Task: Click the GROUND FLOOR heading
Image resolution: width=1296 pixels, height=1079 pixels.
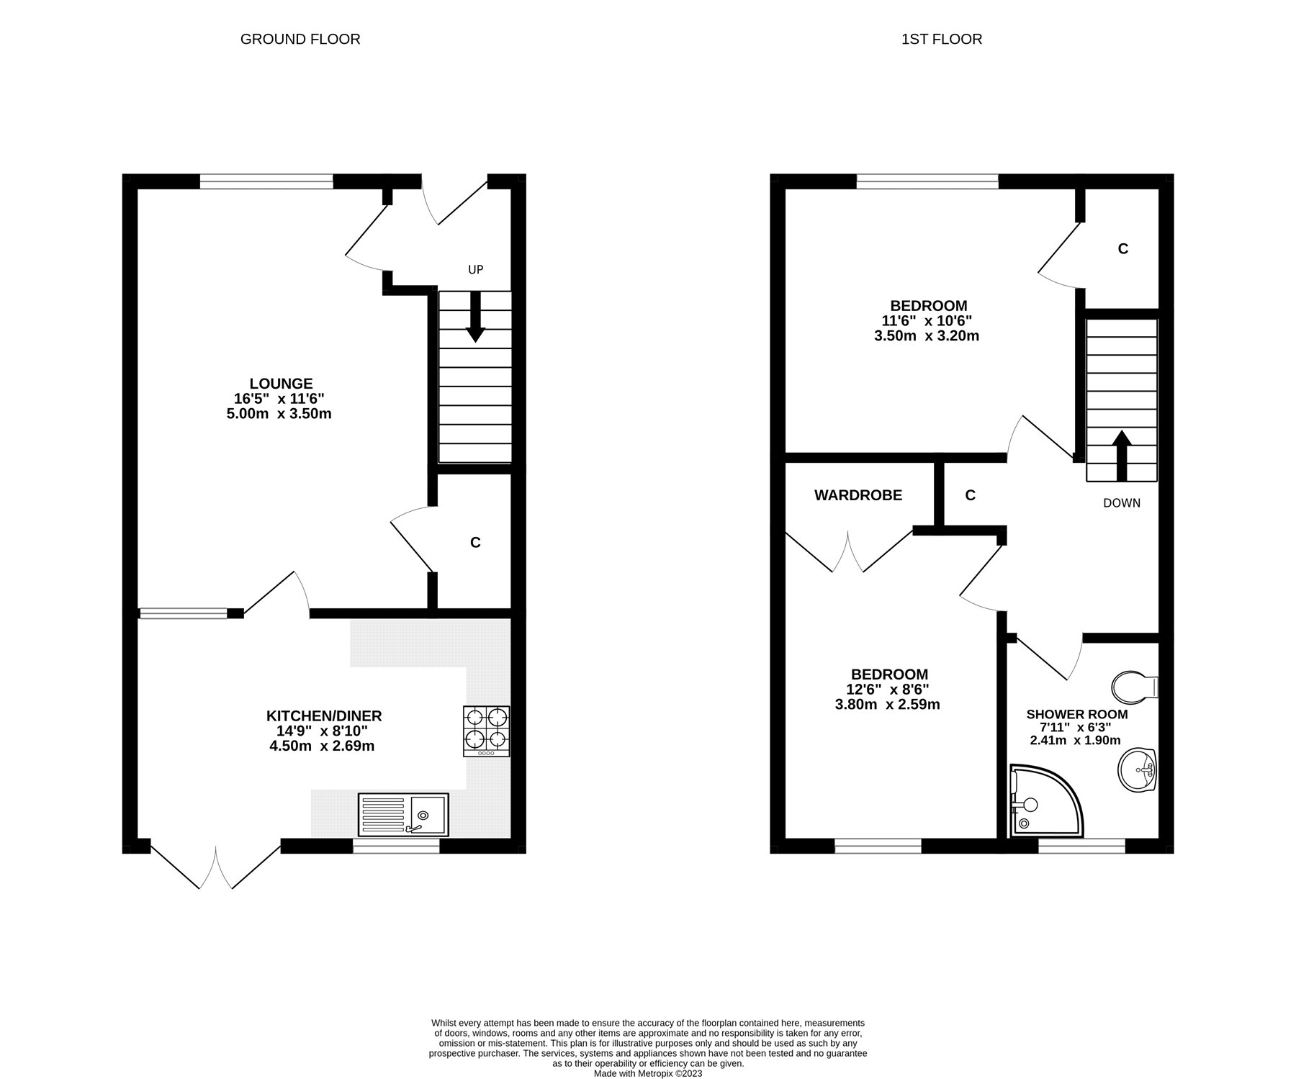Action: click(x=300, y=39)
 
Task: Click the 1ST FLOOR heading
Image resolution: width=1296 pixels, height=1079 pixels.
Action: click(x=942, y=39)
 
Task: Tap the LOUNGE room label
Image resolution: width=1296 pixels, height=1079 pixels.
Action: click(x=281, y=384)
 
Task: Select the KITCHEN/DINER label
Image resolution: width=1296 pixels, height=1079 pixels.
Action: click(x=324, y=715)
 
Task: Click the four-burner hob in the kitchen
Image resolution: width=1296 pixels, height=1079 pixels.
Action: click(x=487, y=731)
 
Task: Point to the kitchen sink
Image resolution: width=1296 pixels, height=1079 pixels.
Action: click(x=403, y=814)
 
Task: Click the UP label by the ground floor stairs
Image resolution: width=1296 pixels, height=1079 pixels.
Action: click(x=475, y=269)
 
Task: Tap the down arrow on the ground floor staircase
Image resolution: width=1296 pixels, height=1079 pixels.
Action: click(x=475, y=316)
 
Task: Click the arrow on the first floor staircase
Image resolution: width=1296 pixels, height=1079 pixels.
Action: click(x=1122, y=455)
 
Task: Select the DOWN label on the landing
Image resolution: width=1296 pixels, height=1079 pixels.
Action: click(x=1122, y=502)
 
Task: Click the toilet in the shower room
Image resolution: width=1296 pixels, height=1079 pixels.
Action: click(x=1135, y=687)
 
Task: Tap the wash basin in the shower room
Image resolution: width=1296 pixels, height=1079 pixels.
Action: click(x=1137, y=771)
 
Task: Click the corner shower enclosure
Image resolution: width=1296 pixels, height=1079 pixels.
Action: click(x=1044, y=801)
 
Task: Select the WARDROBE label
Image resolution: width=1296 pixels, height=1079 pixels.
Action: click(x=858, y=495)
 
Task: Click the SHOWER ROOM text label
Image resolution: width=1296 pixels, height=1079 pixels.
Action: click(x=1077, y=714)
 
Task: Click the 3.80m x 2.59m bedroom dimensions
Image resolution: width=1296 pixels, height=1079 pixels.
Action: click(x=888, y=705)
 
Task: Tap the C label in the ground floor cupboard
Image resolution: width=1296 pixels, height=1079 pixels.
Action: click(x=475, y=543)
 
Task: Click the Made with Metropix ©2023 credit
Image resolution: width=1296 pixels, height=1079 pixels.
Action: click(x=648, y=1073)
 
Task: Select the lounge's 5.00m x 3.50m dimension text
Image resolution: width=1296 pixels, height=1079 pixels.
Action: click(x=279, y=414)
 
